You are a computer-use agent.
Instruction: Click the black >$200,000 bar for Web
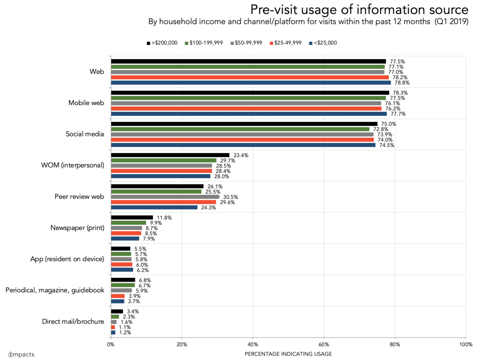point(248,62)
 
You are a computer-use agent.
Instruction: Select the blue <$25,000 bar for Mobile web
point(248,114)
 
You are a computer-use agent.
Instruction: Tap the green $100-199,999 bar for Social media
point(240,129)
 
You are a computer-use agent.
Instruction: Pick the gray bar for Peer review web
point(165,197)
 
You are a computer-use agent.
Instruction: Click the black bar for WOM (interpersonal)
point(170,155)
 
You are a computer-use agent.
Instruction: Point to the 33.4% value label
point(241,155)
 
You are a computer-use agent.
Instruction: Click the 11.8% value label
point(165,218)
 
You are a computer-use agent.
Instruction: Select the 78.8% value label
point(402,83)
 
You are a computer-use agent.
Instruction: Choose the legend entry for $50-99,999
point(246,43)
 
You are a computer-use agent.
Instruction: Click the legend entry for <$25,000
point(323,43)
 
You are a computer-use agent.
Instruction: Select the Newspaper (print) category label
point(77,228)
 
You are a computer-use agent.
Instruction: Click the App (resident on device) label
point(67,259)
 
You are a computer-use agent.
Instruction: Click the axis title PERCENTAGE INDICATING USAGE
point(288,354)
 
